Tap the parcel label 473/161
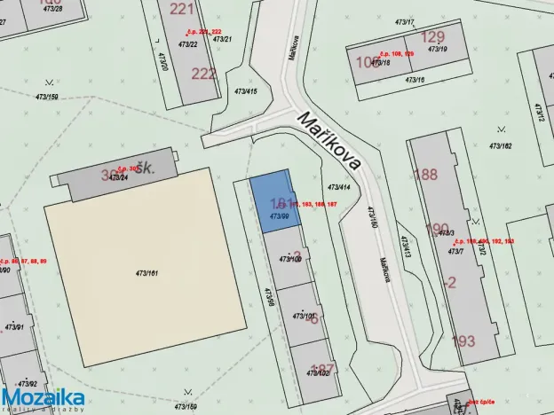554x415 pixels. tap(146, 273)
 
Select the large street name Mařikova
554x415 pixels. tap(329, 141)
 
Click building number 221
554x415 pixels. tap(181, 9)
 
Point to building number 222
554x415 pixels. tap(203, 73)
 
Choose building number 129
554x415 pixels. tap(432, 36)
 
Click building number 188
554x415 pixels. tap(425, 174)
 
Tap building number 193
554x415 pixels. tap(463, 340)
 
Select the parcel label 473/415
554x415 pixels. tap(245, 91)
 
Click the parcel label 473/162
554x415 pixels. tap(501, 145)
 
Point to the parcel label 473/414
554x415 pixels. tap(339, 187)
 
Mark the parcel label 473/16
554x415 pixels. tap(415, 80)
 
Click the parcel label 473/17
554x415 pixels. tap(405, 21)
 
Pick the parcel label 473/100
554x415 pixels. tap(291, 259)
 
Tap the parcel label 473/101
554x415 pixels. tap(305, 315)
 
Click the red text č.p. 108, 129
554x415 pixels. tap(396, 54)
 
